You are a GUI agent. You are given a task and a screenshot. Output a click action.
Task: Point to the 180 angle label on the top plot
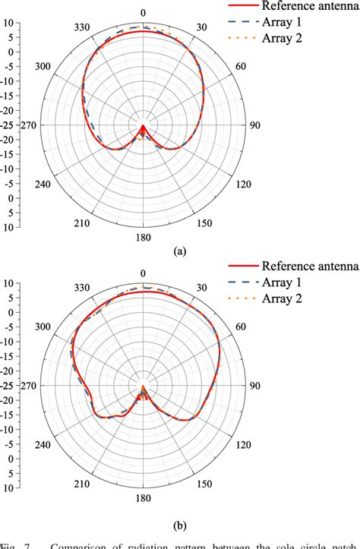click(144, 237)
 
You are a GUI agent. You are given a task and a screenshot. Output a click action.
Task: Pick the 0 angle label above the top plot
click(144, 13)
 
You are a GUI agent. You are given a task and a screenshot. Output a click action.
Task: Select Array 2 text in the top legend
click(283, 39)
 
